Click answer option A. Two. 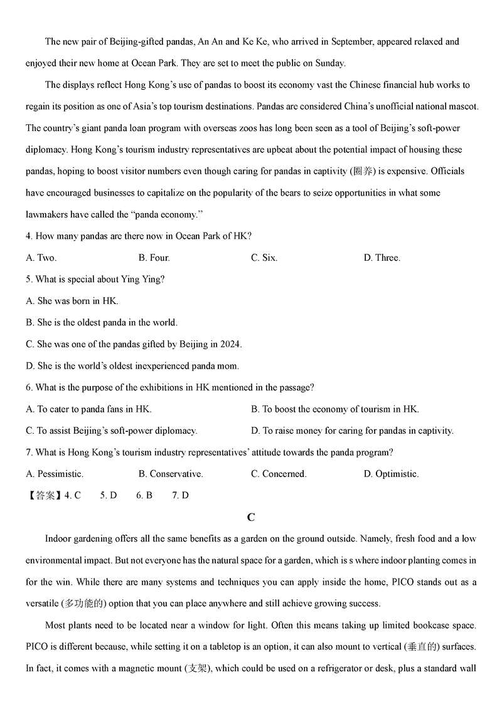tap(41, 258)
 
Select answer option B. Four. tap(154, 258)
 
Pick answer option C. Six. tap(264, 258)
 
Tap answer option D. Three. tap(382, 258)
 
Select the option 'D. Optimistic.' tap(391, 474)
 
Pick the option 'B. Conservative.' tap(171, 474)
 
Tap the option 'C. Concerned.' tap(279, 474)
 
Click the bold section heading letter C tap(251, 517)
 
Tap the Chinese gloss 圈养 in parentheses tap(362, 171)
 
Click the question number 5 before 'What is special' tap(29, 280)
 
